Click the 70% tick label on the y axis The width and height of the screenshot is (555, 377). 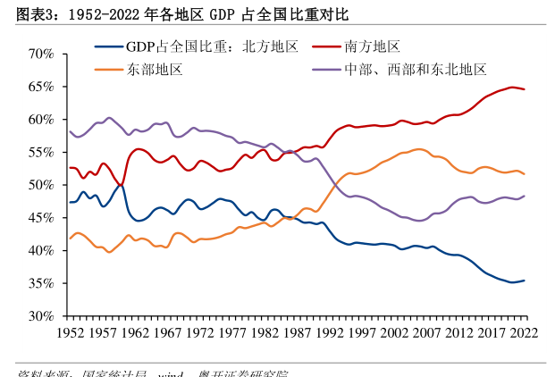point(40,54)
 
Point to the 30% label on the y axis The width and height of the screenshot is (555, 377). point(40,316)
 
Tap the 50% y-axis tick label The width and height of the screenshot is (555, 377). point(40,185)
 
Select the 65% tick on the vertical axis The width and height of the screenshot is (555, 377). point(40,87)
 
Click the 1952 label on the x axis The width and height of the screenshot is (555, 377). point(70,332)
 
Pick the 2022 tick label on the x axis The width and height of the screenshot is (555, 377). point(524,332)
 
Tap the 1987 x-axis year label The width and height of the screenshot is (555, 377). point(297,332)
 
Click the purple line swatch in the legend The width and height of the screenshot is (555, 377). point(325,69)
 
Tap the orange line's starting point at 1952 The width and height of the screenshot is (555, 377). point(70,239)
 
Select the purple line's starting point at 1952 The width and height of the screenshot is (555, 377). point(70,131)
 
